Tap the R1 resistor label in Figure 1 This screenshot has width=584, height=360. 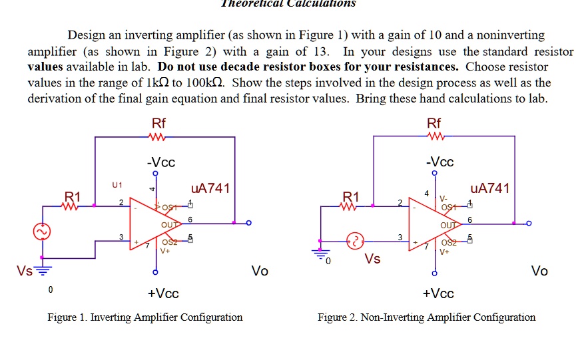pyautogui.click(x=72, y=196)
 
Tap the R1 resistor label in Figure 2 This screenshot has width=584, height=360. pyautogui.click(x=350, y=196)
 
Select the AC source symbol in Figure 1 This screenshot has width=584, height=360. pyautogui.click(x=43, y=232)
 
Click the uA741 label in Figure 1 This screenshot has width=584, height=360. pyautogui.click(x=210, y=188)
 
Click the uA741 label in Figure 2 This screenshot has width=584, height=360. pyautogui.click(x=489, y=188)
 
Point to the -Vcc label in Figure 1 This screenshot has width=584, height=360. pyautogui.click(x=161, y=162)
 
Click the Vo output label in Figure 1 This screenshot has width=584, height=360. pyautogui.click(x=260, y=271)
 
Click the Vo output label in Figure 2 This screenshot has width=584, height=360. pyautogui.click(x=539, y=271)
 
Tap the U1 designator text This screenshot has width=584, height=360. pyautogui.click(x=117, y=184)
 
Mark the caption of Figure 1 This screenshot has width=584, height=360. pyautogui.click(x=145, y=317)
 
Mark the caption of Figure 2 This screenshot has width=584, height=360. pyautogui.click(x=426, y=317)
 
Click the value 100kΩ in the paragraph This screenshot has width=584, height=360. pyautogui.click(x=206, y=83)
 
